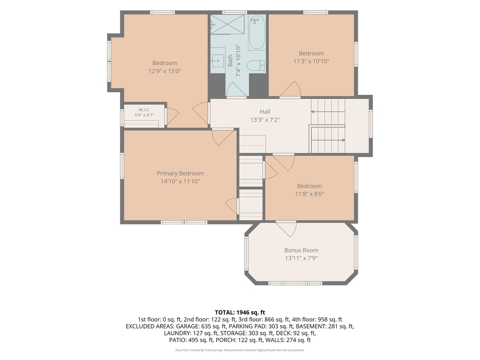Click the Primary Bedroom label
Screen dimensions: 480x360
click(x=180, y=173)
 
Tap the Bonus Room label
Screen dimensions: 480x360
click(x=301, y=250)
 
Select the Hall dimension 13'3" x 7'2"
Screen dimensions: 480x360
click(x=265, y=120)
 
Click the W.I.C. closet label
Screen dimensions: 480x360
click(x=144, y=110)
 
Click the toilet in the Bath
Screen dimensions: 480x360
click(x=256, y=65)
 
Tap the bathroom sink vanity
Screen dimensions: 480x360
click(x=218, y=60)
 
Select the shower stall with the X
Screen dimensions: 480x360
click(x=227, y=24)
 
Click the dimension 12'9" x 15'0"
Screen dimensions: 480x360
click(x=165, y=71)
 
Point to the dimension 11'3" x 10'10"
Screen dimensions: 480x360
click(x=311, y=61)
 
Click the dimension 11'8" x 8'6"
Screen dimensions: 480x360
click(x=310, y=194)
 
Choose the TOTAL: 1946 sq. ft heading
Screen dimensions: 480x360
click(x=240, y=312)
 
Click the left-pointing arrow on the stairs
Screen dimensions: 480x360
click(x=328, y=112)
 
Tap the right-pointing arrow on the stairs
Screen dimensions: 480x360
click(x=328, y=140)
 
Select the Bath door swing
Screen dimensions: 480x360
click(x=236, y=88)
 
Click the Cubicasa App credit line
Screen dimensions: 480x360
click(x=240, y=350)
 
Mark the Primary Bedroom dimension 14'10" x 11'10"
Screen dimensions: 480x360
click(x=180, y=182)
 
